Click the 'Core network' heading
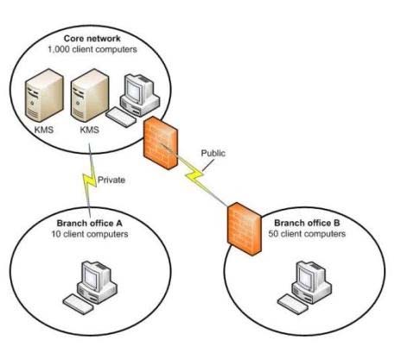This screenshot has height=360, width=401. (x=92, y=39)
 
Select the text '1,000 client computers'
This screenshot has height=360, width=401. (x=92, y=49)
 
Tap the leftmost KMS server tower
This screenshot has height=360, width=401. (x=44, y=95)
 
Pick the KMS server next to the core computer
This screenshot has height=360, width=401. (x=90, y=95)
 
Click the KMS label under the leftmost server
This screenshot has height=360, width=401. (x=44, y=129)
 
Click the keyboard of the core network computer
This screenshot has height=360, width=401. (x=120, y=117)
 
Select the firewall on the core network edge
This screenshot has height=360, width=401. (x=161, y=142)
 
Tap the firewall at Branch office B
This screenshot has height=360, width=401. (x=245, y=229)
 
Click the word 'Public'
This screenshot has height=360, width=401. (x=213, y=153)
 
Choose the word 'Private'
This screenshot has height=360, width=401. (x=111, y=180)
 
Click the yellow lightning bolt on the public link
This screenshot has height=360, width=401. (x=194, y=174)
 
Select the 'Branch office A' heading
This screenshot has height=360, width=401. (x=89, y=224)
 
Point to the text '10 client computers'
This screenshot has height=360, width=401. (x=90, y=234)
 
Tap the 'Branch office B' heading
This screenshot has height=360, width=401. (x=307, y=223)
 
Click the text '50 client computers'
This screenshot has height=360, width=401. (x=307, y=234)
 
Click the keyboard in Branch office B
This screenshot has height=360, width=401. (x=293, y=304)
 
